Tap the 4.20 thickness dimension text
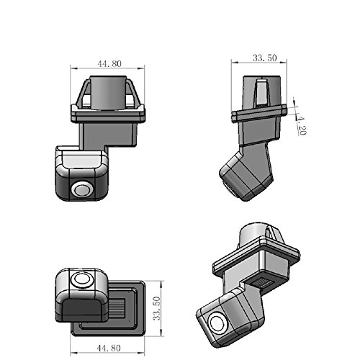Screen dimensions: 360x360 pyautogui.click(x=302, y=126)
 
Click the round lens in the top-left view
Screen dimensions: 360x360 pyautogui.click(x=81, y=189)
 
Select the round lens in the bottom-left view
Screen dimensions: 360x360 pyautogui.click(x=81, y=279)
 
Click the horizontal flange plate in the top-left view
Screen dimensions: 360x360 pyautogui.click(x=108, y=112)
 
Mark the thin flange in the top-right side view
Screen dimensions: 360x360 pyautogui.click(x=259, y=112)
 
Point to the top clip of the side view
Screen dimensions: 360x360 pyautogui.click(x=259, y=90)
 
